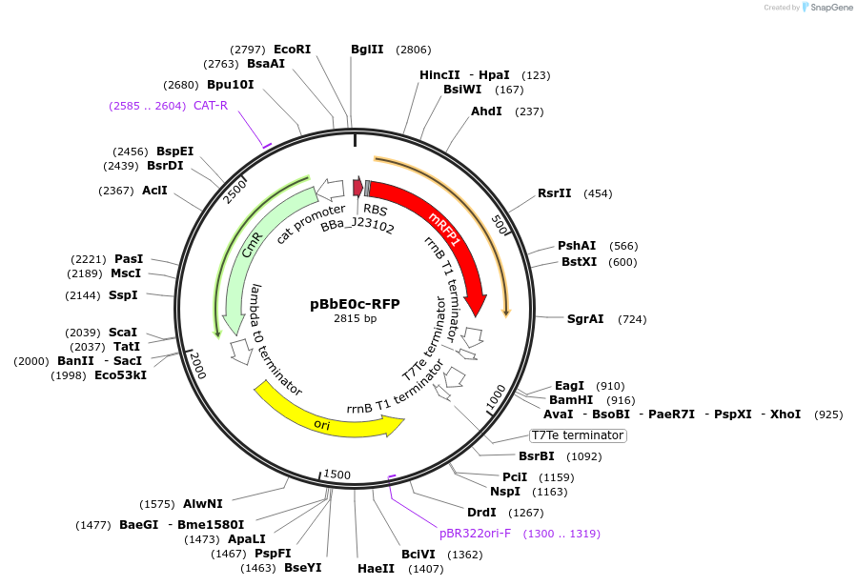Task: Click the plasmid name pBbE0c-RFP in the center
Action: [x=355, y=304]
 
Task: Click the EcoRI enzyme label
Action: [x=292, y=49]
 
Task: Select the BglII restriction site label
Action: [x=367, y=50]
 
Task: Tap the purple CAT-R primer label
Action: [x=210, y=105]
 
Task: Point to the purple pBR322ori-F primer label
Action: [x=475, y=534]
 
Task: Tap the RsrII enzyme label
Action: [x=554, y=192]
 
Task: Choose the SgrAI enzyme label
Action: [x=585, y=318]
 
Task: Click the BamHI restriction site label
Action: [x=571, y=400]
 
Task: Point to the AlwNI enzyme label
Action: [x=203, y=503]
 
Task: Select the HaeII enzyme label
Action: [x=376, y=568]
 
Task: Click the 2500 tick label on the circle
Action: [x=235, y=192]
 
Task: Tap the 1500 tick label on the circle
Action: [x=337, y=475]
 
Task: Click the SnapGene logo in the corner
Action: [x=826, y=8]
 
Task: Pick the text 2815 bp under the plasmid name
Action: [x=355, y=319]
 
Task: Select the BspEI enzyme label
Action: [x=175, y=151]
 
